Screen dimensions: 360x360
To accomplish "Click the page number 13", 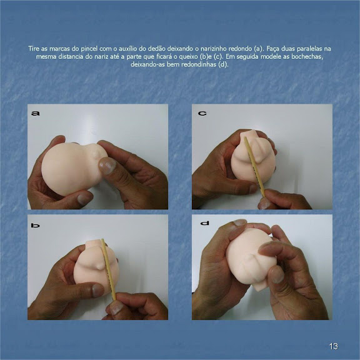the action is pos(333,346).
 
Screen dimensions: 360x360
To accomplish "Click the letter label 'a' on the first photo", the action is pos(36,113).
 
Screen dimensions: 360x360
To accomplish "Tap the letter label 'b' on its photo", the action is pos(36,226).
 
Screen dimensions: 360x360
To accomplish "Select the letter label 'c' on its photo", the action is pos(202,113).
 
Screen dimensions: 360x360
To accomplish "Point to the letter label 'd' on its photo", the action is pos(204,223).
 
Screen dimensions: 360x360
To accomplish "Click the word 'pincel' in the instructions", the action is pos(90,49).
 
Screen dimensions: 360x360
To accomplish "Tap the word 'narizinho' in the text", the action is pos(214,49).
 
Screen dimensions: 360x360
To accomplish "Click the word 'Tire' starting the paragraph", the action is pos(34,49).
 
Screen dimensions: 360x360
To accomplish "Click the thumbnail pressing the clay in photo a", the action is pos(107,165).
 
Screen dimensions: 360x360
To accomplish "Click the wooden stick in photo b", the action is pos(109,269).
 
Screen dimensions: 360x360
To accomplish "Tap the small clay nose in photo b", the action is pos(100,266).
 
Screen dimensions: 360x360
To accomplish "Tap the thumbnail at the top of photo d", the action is pos(239,223).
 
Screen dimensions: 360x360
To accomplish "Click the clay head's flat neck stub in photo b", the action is pos(94,243).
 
